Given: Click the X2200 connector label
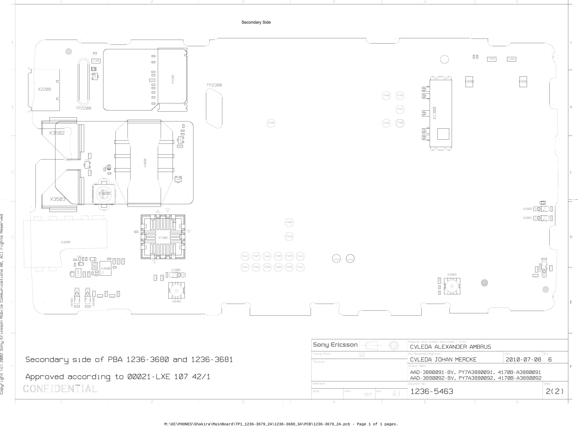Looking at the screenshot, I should tap(44, 89).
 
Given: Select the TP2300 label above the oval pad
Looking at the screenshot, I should tap(214, 85).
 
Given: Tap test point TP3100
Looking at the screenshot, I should tap(271, 123).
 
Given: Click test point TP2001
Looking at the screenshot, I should tap(289, 222).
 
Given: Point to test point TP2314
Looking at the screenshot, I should tap(245, 256).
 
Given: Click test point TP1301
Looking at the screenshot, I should tap(400, 109).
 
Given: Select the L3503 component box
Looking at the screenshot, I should tap(492, 59).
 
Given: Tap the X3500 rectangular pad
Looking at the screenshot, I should tap(469, 82).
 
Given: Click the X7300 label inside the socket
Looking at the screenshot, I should tap(163, 238).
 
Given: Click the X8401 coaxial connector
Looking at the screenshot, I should tap(176, 290).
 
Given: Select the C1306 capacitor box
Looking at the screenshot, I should tap(96, 61).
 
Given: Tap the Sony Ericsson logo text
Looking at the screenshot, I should tap(335, 345).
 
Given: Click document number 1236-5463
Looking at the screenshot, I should tap(432, 391).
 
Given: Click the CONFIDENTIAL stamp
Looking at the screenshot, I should tap(60, 389).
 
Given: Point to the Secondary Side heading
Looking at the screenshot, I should tap(256, 22).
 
